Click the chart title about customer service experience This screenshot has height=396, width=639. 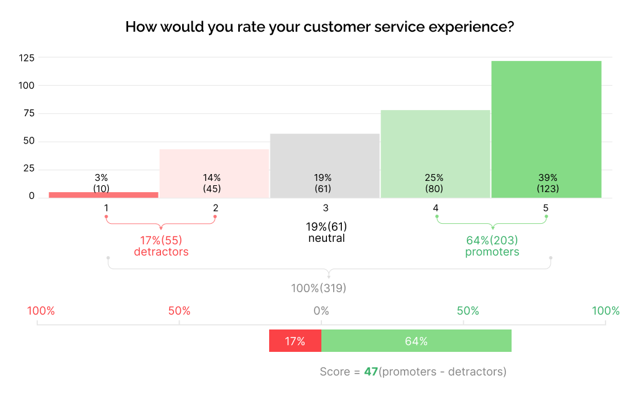click(319, 27)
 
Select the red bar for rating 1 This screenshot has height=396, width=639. click(103, 195)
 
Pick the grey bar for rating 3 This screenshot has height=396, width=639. click(324, 155)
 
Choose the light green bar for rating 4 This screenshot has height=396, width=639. click(435, 143)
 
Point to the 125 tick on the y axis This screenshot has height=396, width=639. click(26, 58)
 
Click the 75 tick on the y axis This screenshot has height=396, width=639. click(28, 113)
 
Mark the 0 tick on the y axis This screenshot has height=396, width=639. click(31, 196)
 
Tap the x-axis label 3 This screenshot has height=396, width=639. click(325, 208)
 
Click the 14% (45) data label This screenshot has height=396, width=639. click(212, 183)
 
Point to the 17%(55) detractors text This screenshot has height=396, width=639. click(161, 246)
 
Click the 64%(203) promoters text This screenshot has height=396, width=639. click(492, 246)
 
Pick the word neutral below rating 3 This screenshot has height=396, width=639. click(326, 238)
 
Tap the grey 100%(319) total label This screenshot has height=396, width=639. click(319, 288)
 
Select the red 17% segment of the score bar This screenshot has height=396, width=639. click(295, 341)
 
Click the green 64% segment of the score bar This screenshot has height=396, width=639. click(416, 341)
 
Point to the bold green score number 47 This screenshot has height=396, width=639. click(371, 372)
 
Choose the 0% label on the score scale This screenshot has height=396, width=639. click(321, 311)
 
